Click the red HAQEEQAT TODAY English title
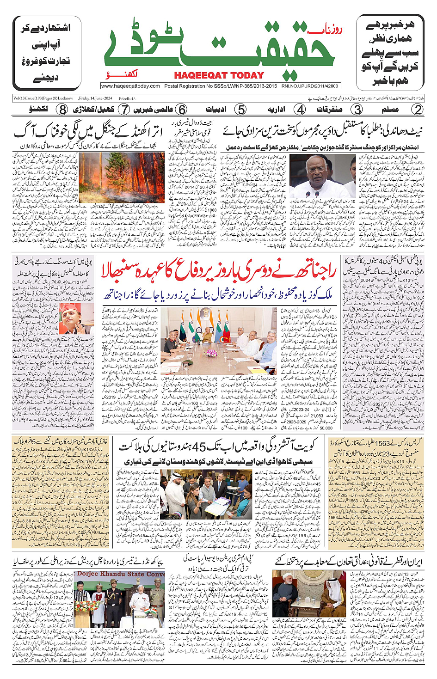pos(219,75)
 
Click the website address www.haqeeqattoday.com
pos(130,86)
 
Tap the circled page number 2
pos(418,110)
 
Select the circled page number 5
pos(240,110)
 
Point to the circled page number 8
pos(62,110)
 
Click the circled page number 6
pos(182,110)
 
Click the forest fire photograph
pos(121,178)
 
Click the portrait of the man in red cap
pos(76,319)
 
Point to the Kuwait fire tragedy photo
pos(206,494)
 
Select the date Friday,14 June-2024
pos(95,98)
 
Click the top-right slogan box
pos(390,53)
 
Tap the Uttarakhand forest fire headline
pos(88,132)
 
